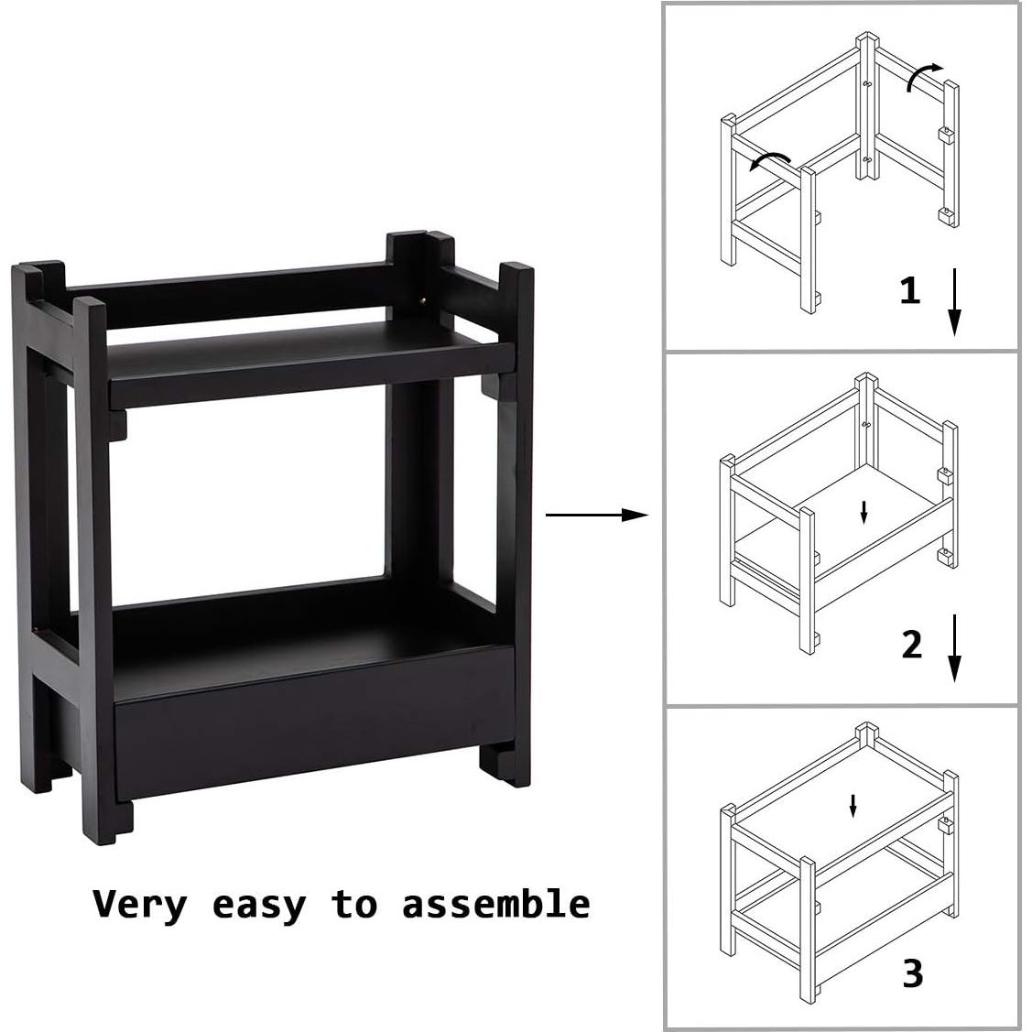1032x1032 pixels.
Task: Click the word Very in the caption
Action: tap(140, 904)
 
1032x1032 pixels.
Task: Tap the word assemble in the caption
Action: tap(495, 904)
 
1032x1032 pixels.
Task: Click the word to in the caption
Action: tap(354, 904)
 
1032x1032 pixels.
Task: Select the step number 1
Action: tap(909, 289)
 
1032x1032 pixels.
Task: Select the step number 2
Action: tap(911, 645)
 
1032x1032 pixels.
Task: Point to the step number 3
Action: tap(912, 973)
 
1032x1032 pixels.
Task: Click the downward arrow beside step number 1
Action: tap(954, 302)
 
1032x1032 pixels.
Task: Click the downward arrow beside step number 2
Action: tap(954, 649)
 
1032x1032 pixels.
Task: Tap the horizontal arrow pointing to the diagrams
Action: tap(598, 515)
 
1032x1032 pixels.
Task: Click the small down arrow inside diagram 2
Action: tap(864, 511)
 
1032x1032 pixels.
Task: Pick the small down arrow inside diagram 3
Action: tap(853, 806)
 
